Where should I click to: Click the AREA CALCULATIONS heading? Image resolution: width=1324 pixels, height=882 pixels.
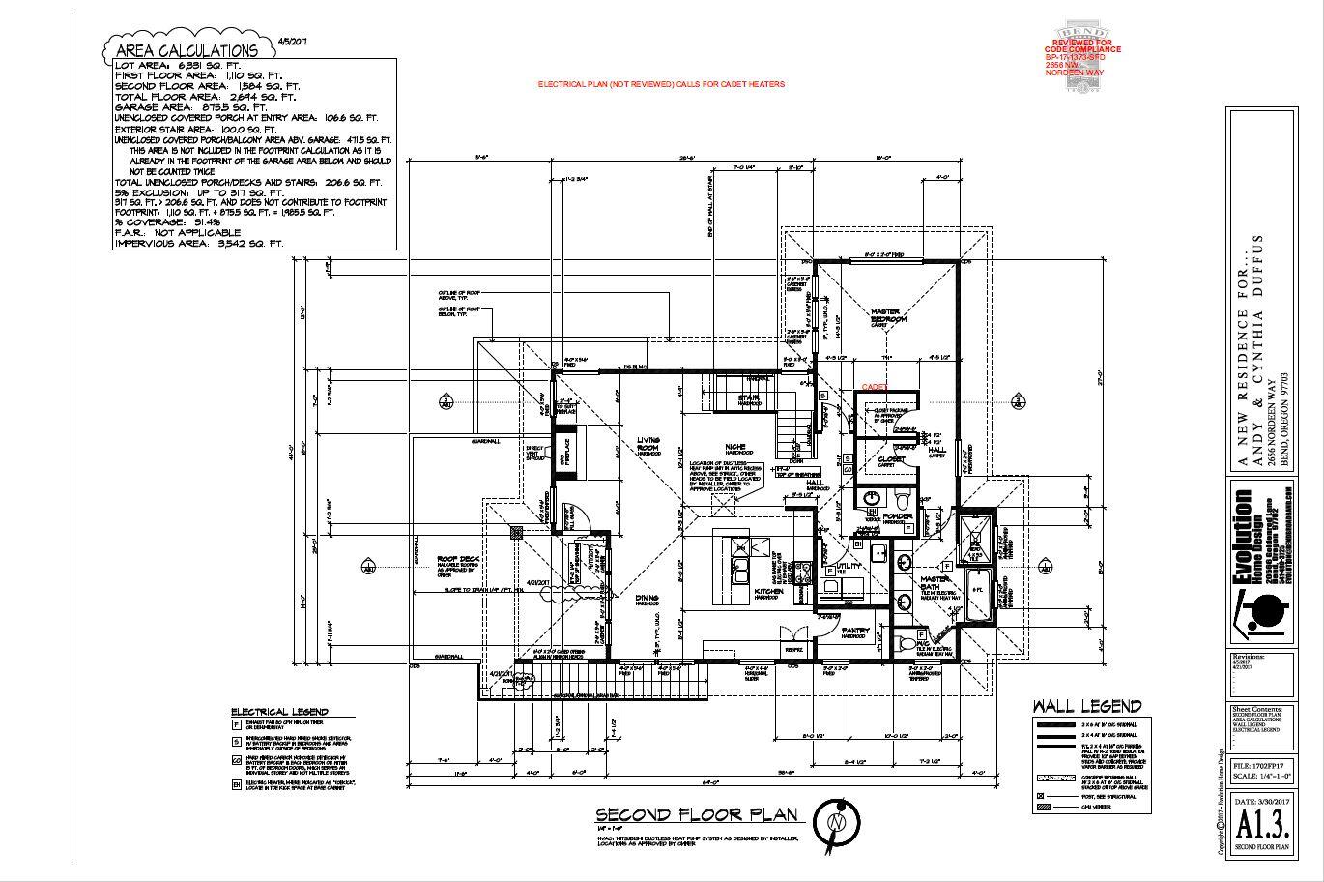coord(187,50)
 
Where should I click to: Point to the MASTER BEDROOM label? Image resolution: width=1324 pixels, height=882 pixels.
coord(888,314)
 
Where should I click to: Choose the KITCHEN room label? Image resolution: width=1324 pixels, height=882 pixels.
coord(768,590)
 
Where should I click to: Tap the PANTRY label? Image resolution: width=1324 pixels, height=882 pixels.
coord(855,632)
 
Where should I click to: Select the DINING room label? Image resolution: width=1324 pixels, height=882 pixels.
coord(647,599)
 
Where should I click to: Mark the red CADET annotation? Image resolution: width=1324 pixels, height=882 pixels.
coord(875,386)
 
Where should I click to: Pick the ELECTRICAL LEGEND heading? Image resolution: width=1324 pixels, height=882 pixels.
coord(279,712)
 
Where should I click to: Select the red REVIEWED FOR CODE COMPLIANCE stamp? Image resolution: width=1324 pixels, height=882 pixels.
coord(1083,58)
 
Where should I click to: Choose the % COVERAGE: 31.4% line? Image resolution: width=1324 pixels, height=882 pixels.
coord(161,221)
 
